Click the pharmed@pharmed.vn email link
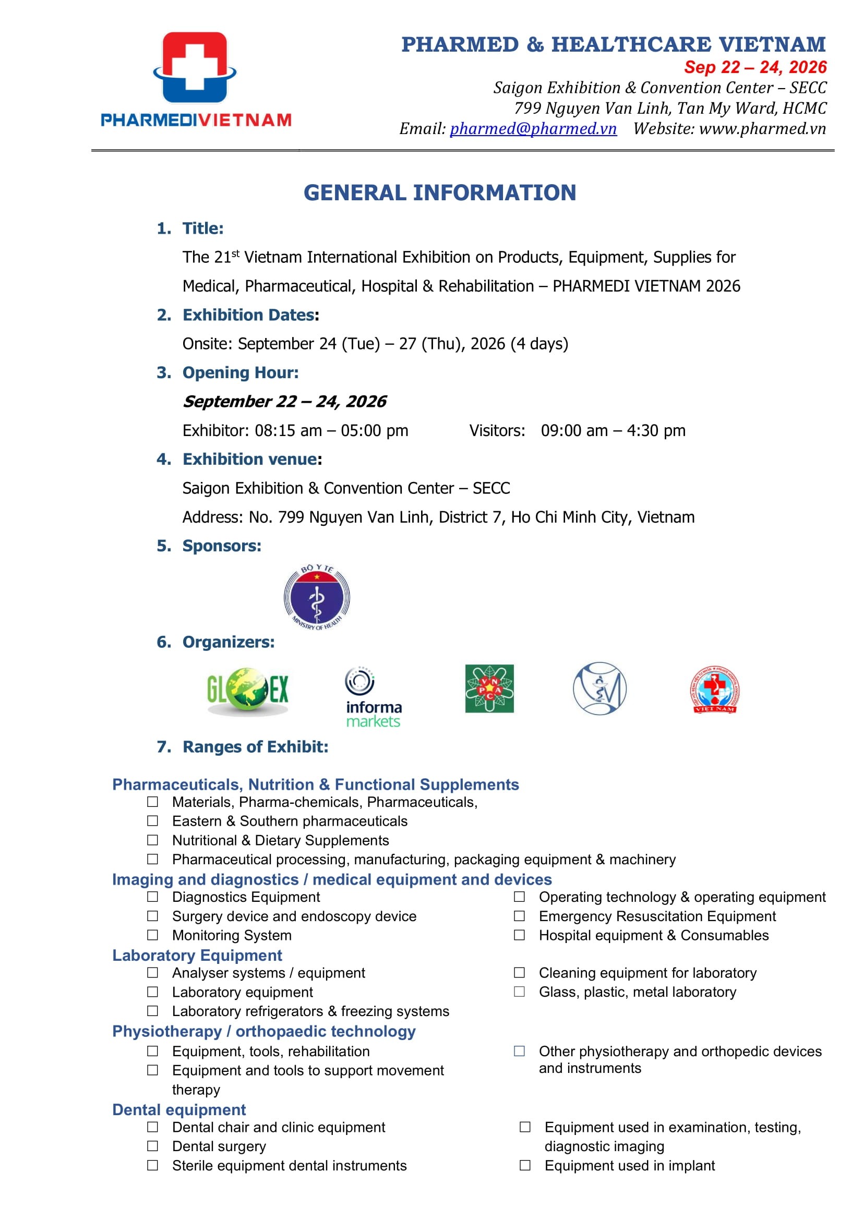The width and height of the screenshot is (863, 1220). [x=533, y=129]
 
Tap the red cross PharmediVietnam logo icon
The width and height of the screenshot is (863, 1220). [x=195, y=67]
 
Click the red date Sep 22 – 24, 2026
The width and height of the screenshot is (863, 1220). [x=755, y=67]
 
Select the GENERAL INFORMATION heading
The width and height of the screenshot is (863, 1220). [x=439, y=192]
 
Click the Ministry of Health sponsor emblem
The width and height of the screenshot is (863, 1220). [x=317, y=597]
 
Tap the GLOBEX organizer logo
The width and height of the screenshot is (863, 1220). [x=248, y=689]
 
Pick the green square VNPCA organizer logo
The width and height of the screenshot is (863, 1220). [x=489, y=688]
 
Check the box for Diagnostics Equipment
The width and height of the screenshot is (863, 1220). [x=152, y=897]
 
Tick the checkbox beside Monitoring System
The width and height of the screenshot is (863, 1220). [x=152, y=935]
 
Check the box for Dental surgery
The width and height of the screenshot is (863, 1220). [x=152, y=1146]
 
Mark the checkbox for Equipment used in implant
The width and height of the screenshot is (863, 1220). [x=525, y=1165]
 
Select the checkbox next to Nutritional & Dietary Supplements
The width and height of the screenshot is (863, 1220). [x=152, y=840]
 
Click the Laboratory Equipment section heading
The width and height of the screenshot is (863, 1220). [x=197, y=956]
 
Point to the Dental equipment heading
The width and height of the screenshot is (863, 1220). [x=179, y=1109]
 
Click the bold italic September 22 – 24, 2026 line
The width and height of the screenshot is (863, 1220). [x=284, y=402]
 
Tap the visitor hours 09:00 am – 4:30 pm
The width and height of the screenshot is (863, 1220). [x=613, y=430]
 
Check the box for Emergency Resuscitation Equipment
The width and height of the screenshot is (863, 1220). [x=519, y=916]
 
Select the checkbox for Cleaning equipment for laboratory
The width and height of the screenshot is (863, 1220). [x=519, y=973]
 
